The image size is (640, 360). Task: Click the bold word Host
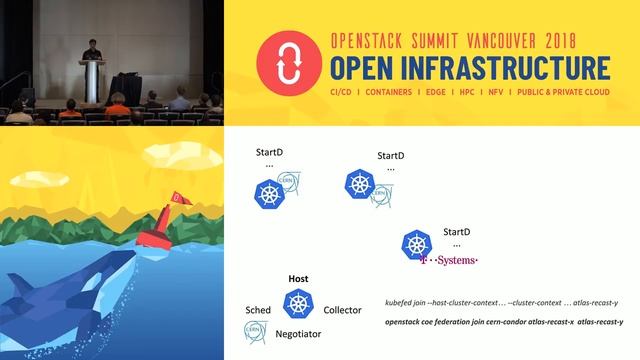tap(297, 279)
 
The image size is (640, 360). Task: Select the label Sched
tap(258, 310)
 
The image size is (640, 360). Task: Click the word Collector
tap(343, 310)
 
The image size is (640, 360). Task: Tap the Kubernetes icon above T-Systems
tap(416, 243)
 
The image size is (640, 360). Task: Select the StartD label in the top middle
tap(390, 156)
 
